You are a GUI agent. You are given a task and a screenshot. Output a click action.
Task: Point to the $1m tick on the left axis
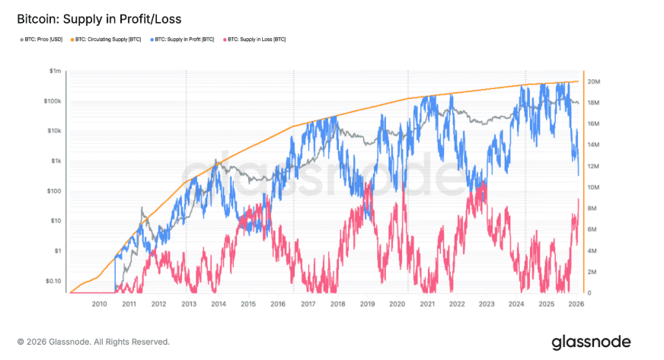(x=54, y=71)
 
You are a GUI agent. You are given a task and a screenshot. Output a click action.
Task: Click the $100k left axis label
(x=52, y=100)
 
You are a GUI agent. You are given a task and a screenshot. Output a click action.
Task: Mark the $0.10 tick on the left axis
(x=51, y=281)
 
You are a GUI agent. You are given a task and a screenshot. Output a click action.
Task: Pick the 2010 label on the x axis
(x=99, y=304)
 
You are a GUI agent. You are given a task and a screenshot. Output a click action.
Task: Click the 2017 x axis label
(x=308, y=304)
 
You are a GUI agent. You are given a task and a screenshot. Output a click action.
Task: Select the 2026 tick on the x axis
(x=576, y=304)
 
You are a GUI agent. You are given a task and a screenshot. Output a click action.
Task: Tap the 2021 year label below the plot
(x=426, y=304)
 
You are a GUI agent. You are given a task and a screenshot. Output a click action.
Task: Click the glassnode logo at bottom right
(x=591, y=341)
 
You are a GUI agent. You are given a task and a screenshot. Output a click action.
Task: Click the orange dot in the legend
(x=73, y=39)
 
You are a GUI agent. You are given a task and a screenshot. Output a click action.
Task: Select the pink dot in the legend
(x=222, y=39)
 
